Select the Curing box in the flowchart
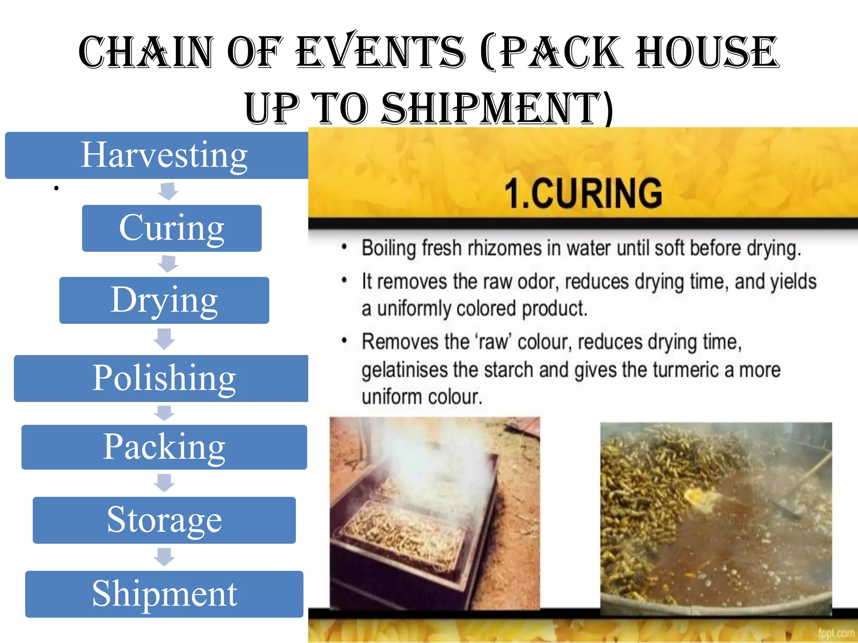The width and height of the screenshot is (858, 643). click(172, 228)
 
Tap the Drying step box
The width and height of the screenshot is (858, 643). click(164, 300)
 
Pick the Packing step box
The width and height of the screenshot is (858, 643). click(164, 447)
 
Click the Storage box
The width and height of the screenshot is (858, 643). click(164, 520)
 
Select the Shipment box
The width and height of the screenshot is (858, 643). click(164, 594)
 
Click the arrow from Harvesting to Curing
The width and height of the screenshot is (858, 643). click(168, 191)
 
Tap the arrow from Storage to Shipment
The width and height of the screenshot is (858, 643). click(164, 557)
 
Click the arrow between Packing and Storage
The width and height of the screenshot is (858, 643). click(164, 483)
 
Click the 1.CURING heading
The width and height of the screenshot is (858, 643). click(583, 193)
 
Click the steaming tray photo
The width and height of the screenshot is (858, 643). click(434, 513)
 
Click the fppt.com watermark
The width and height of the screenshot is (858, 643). click(836, 633)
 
